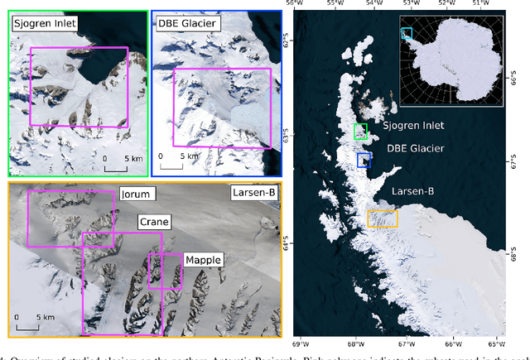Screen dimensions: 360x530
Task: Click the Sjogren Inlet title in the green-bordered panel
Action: coord(44,23)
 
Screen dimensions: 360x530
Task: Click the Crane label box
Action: coord(153,221)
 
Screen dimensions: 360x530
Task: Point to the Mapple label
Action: coord(203,259)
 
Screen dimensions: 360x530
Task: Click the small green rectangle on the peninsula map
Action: coord(360,132)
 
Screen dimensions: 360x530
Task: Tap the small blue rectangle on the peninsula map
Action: coord(364,160)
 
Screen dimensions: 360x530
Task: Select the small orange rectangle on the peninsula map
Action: coord(383,218)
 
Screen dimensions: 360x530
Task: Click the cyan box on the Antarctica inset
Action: coord(406,33)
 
